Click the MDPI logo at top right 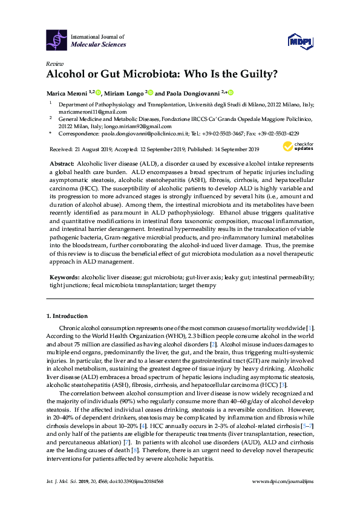point(300,41)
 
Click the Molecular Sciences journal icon point(57,40)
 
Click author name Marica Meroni point(66,92)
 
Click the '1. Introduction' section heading point(67,316)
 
